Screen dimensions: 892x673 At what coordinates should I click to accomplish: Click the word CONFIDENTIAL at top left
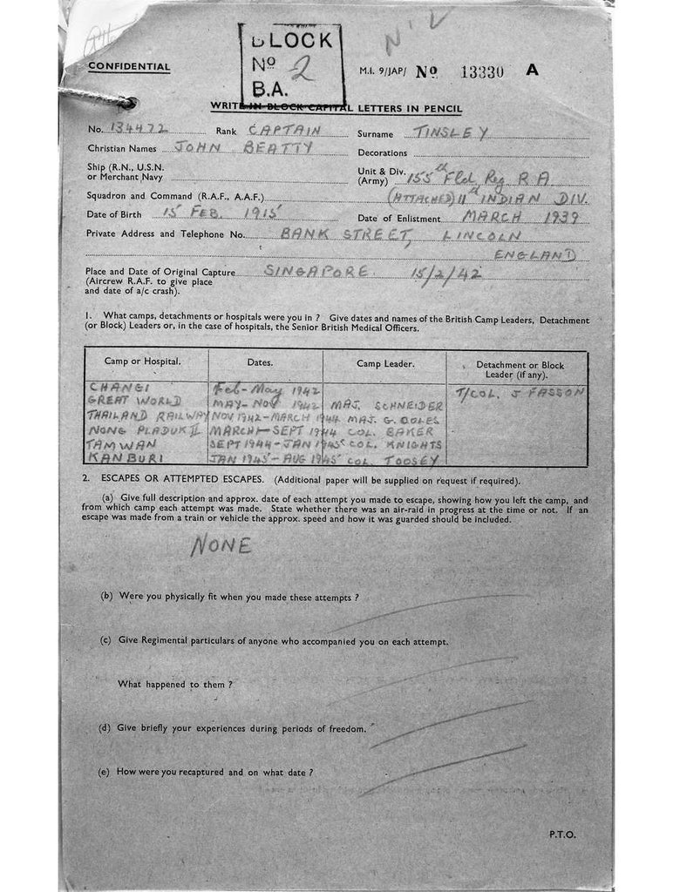129,67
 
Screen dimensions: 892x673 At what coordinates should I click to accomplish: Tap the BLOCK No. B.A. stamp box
290,64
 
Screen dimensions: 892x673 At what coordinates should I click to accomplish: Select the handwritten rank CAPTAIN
284,130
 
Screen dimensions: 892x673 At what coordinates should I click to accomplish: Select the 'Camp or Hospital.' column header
144,361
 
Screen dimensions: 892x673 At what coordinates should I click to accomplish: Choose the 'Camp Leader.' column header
384,361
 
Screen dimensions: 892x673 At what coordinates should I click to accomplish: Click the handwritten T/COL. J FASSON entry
521,392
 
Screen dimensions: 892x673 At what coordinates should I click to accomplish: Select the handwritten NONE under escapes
221,545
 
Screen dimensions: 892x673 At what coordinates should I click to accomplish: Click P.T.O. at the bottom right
561,834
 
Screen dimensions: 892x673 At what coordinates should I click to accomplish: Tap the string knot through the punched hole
127,103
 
